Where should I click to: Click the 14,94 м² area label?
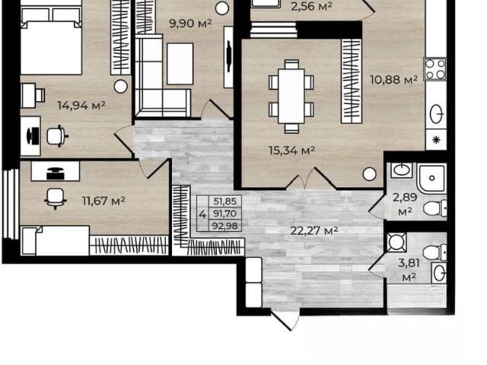tap(81, 106)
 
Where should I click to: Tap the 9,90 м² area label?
tap(191, 24)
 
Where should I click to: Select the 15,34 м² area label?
tap(292, 151)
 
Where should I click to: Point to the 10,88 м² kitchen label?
tap(394, 80)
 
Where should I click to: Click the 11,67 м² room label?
tap(103, 201)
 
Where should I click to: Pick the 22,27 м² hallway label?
tap(314, 230)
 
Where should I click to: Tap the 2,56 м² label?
tap(311, 6)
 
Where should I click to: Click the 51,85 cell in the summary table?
tap(225, 202)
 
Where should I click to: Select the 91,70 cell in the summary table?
tap(225, 214)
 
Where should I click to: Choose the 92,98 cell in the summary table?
tap(225, 226)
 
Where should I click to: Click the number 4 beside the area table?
tap(202, 214)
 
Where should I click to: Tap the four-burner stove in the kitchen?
tap(435, 69)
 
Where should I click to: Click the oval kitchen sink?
tap(437, 114)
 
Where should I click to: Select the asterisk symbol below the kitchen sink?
tap(436, 140)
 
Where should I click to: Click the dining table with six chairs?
tap(291, 97)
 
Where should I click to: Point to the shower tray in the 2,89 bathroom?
tap(431, 179)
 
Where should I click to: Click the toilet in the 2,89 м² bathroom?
tap(434, 208)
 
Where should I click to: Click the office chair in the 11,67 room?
tap(55, 198)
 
